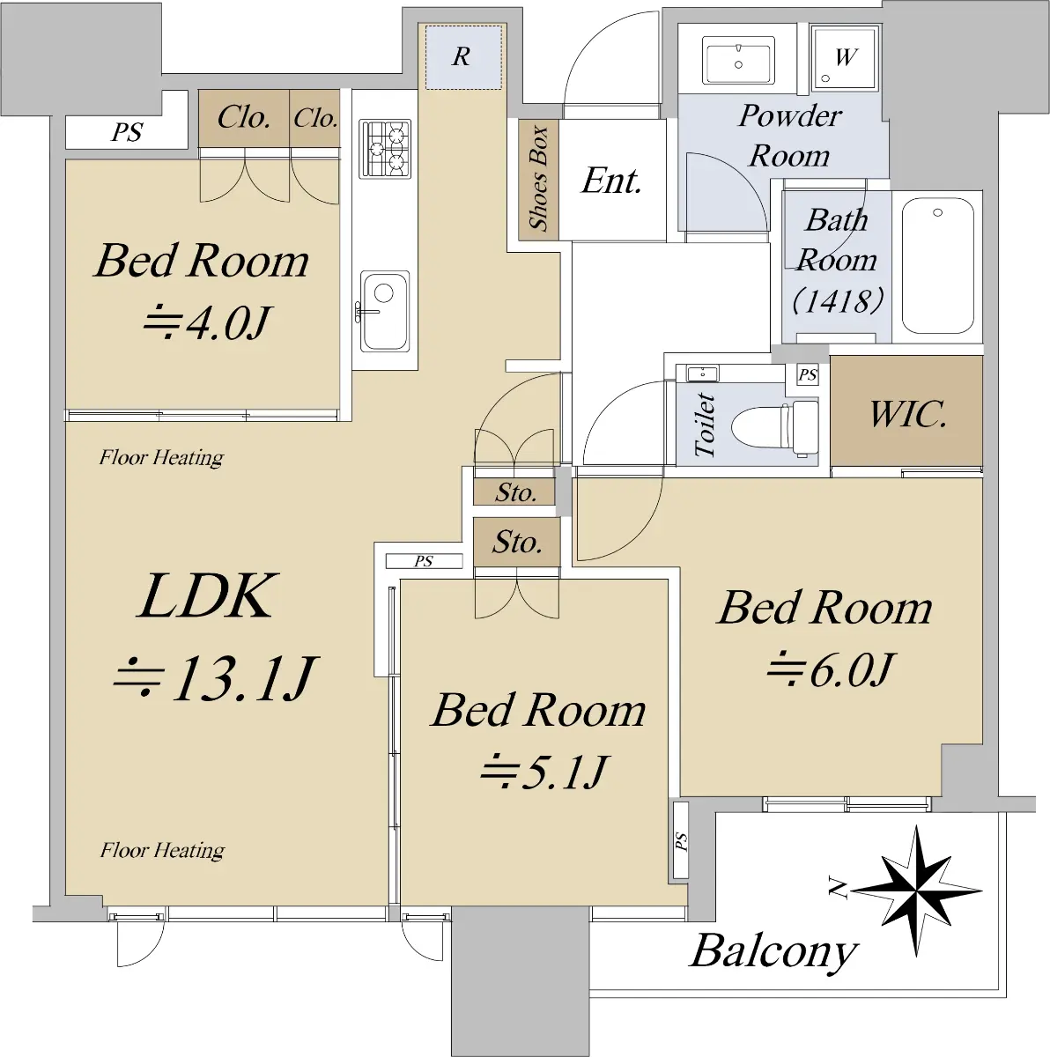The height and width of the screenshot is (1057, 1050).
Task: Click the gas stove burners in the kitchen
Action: [x=385, y=149]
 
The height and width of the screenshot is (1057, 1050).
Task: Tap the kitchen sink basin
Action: [x=384, y=311]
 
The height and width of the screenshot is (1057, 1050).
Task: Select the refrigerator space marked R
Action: [x=463, y=57]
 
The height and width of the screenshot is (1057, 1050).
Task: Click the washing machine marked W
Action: [x=845, y=57]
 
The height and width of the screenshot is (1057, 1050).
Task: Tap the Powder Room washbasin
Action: [x=738, y=61]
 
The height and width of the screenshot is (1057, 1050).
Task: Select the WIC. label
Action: [x=908, y=414]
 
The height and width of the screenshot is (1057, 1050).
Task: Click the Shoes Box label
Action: [x=539, y=178]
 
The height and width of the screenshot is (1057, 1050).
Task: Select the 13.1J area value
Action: [x=215, y=678]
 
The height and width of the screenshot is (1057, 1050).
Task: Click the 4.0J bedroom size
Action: [x=207, y=322]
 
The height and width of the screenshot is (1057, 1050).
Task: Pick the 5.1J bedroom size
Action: [x=544, y=772]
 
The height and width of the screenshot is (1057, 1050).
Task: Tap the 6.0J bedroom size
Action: [x=830, y=669]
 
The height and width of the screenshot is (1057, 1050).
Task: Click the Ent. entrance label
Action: [x=611, y=181]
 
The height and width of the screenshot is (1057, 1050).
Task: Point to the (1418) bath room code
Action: [x=838, y=300]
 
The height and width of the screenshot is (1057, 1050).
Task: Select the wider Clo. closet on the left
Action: [x=244, y=118]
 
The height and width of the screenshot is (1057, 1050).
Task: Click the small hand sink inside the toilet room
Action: [x=703, y=374]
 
